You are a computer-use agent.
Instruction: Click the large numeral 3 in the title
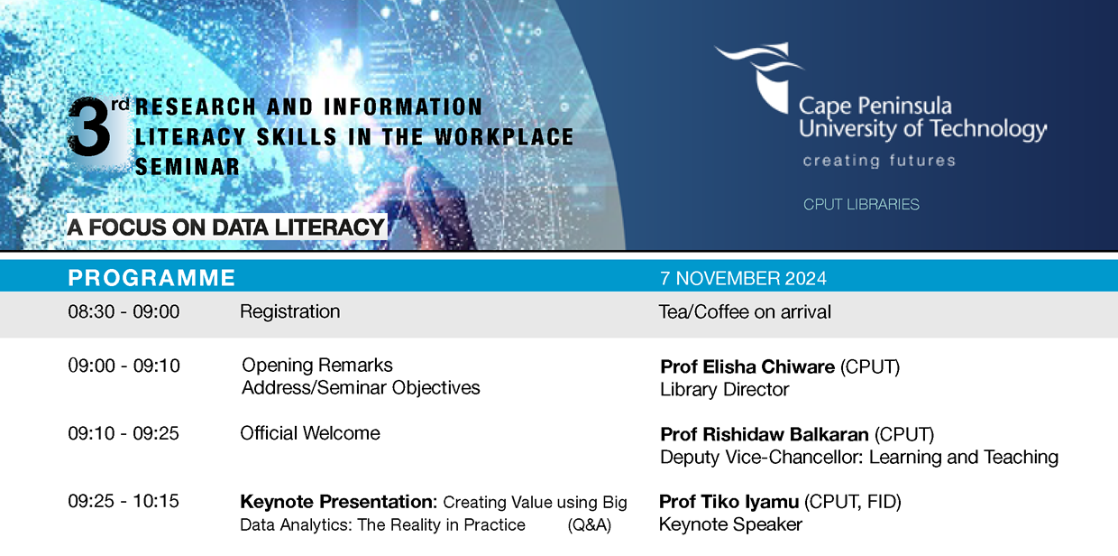pyautogui.click(x=89, y=127)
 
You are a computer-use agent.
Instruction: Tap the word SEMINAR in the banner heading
pyautogui.click(x=188, y=167)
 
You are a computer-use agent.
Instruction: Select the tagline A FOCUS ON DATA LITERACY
pyautogui.click(x=225, y=227)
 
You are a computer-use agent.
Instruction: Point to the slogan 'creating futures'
pyautogui.click(x=879, y=161)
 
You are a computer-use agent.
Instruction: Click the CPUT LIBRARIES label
pyautogui.click(x=861, y=204)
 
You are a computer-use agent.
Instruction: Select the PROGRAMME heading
pyautogui.click(x=151, y=278)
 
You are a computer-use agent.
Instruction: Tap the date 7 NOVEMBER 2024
pyautogui.click(x=743, y=278)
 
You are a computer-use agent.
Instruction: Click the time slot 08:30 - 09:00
pyautogui.click(x=124, y=311)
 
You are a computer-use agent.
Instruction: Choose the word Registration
pyautogui.click(x=290, y=311)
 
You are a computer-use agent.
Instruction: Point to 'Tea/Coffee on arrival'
pyautogui.click(x=745, y=312)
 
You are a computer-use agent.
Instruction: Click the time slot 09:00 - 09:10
pyautogui.click(x=124, y=366)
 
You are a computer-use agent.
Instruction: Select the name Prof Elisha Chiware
pyautogui.click(x=747, y=366)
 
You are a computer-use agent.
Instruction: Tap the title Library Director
pyautogui.click(x=724, y=390)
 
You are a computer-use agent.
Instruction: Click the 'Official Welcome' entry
pyautogui.click(x=310, y=433)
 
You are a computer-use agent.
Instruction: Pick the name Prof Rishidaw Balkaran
pyautogui.click(x=765, y=435)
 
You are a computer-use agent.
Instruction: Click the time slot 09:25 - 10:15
pyautogui.click(x=124, y=501)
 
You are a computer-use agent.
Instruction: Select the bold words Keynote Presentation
pyautogui.click(x=338, y=502)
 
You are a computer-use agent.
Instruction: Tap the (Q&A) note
pyautogui.click(x=590, y=525)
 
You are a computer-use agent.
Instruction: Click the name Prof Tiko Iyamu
pyautogui.click(x=729, y=502)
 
